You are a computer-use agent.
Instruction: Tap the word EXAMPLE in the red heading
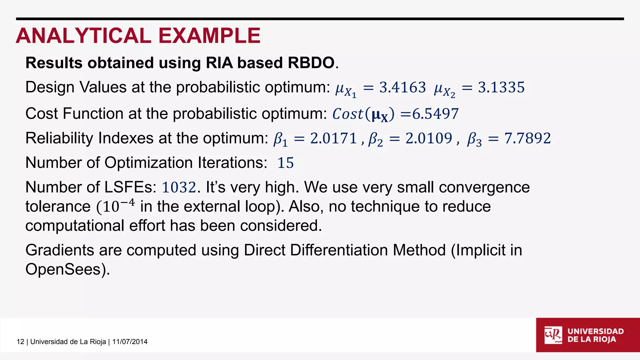click(x=209, y=36)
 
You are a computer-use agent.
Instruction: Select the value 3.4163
click(x=402, y=87)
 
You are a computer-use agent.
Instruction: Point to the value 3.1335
click(x=501, y=87)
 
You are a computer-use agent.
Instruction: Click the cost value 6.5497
click(x=435, y=114)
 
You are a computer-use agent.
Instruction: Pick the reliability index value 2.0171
click(x=333, y=138)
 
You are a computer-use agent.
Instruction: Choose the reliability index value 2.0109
click(x=429, y=138)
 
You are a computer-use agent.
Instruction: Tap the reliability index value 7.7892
click(x=527, y=138)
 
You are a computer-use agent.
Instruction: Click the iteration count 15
click(x=286, y=163)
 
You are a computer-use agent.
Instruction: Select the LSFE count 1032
click(x=179, y=187)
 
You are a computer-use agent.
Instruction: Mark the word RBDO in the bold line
click(x=311, y=63)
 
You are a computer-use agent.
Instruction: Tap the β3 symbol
click(x=474, y=139)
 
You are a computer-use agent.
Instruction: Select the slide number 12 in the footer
click(x=20, y=342)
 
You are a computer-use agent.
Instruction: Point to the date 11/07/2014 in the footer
click(x=130, y=342)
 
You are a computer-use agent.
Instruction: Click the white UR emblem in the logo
click(x=553, y=335)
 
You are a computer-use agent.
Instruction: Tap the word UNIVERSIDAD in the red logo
click(x=596, y=331)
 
